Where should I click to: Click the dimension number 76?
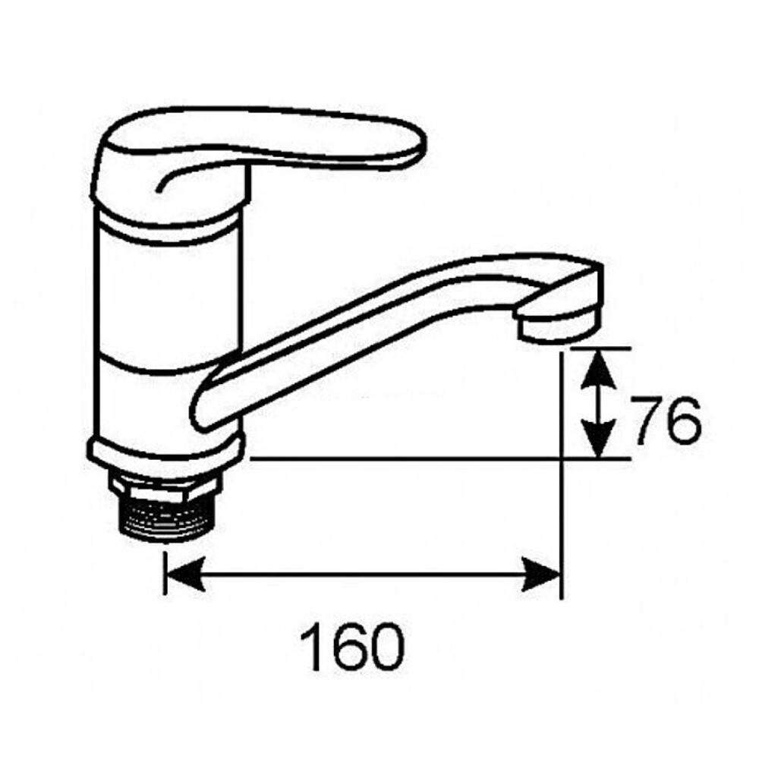pyautogui.click(x=666, y=422)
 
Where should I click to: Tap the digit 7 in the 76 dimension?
pyautogui.click(x=647, y=422)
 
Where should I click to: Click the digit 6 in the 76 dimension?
pyautogui.click(x=684, y=422)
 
